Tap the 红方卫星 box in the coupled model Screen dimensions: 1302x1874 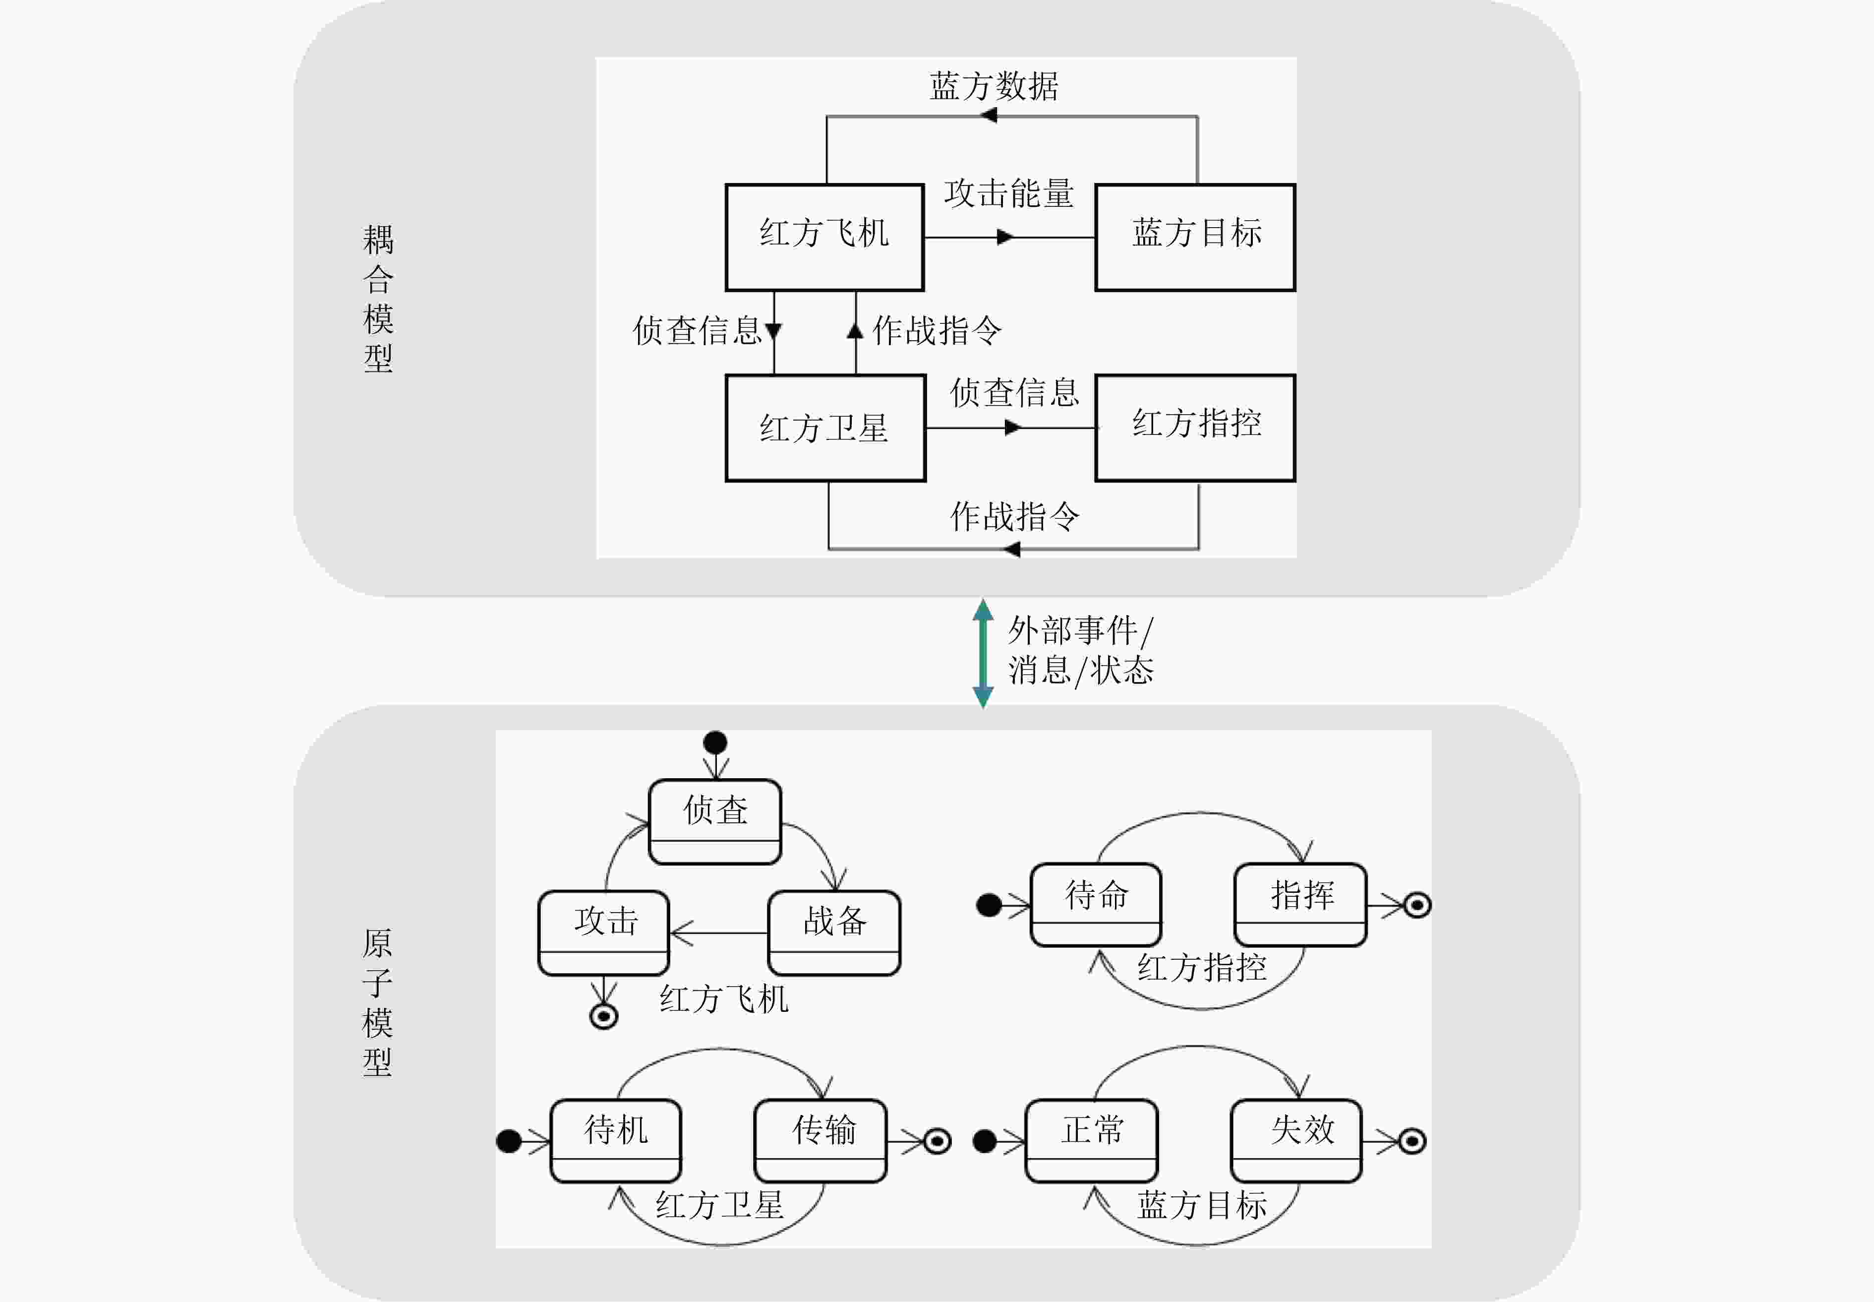825,428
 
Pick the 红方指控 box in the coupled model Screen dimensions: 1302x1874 1195,428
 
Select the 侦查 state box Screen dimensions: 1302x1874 715,821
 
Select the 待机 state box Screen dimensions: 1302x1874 616,1140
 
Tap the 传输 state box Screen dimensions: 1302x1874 820,1140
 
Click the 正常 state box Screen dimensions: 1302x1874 1091,1140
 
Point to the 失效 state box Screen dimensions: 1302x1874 1296,1140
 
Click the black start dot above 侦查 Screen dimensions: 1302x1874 715,743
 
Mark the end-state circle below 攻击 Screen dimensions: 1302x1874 603,1016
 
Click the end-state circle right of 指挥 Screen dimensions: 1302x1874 1417,905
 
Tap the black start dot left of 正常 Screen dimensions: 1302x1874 985,1140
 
